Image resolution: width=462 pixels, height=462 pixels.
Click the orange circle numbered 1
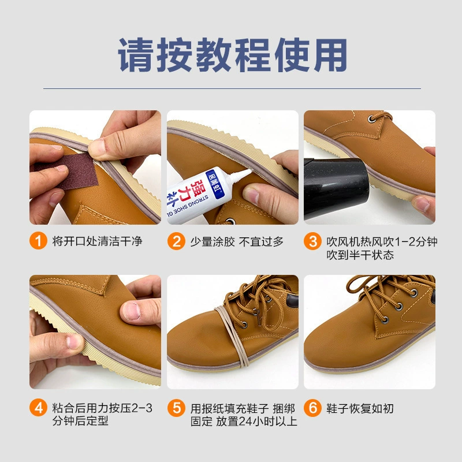click(38, 241)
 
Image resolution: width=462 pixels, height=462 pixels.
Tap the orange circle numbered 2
click(176, 241)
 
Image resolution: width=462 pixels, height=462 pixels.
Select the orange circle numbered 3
click(312, 241)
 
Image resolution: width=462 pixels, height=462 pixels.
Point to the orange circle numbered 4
click(38, 408)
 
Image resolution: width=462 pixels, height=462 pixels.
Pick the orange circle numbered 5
click(176, 408)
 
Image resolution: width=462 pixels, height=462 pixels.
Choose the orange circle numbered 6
click(312, 408)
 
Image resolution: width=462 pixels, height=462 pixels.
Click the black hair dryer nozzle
click(336, 189)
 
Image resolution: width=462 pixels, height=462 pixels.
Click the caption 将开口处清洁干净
click(97, 241)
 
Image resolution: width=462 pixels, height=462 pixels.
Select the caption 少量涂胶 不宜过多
click(237, 241)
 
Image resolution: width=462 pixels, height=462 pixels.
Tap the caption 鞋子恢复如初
click(360, 408)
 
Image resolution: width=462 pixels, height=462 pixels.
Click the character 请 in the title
click(136, 55)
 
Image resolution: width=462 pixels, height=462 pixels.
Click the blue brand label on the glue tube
click(215, 184)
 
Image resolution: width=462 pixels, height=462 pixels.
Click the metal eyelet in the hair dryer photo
click(372, 119)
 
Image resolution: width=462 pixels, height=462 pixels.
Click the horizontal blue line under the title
click(232, 88)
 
